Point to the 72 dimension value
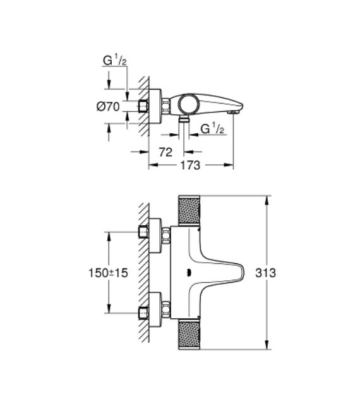165,152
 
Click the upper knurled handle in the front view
189,210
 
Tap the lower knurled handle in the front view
189,335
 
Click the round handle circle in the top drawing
188,103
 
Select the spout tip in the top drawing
236,111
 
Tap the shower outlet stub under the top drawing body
184,119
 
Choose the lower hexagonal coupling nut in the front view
166,310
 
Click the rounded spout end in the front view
241,273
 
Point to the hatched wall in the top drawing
144,104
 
